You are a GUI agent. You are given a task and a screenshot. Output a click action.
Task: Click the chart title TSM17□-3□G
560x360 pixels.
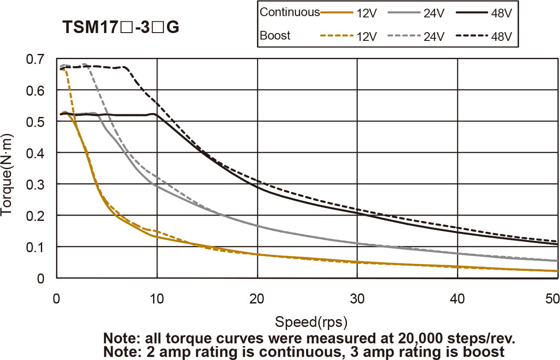tap(121, 28)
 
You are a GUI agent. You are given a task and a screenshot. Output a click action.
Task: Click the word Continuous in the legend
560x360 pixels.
tap(290, 12)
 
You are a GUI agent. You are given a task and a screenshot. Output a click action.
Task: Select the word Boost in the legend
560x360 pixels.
tap(275, 36)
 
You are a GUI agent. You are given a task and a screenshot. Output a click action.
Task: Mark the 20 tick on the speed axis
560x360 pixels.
tap(257, 300)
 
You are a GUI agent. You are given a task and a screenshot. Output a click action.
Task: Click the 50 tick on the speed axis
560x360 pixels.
tap(551, 300)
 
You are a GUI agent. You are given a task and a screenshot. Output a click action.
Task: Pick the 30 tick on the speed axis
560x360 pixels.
tap(357, 300)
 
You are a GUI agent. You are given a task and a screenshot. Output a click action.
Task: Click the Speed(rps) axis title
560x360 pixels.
tap(311, 323)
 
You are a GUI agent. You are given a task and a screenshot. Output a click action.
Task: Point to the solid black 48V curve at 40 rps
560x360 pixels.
tap(457, 232)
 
